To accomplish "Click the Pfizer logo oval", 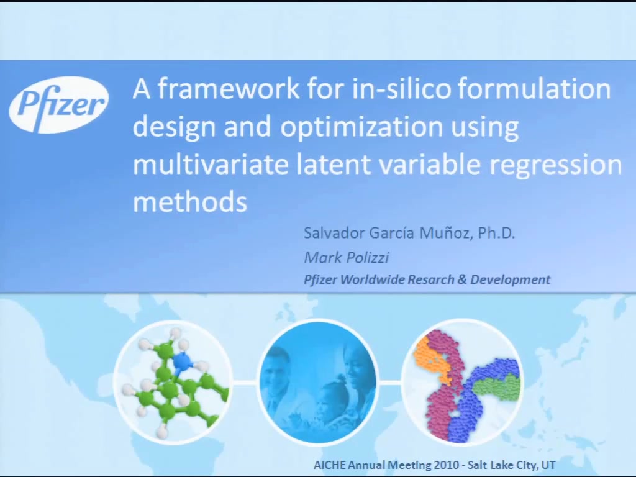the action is [x=58, y=104].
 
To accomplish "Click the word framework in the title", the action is [x=229, y=88].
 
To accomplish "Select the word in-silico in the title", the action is [x=401, y=88].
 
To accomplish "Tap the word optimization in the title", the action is [x=361, y=126].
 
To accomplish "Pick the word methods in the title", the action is [x=190, y=201].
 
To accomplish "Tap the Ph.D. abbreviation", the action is [x=496, y=233].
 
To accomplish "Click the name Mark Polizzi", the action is [x=347, y=258].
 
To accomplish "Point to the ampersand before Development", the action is [x=462, y=279].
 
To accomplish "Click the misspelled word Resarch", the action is [x=431, y=279].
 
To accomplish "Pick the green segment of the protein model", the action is [x=497, y=388].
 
